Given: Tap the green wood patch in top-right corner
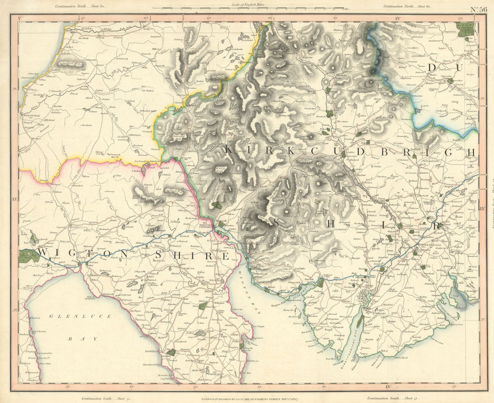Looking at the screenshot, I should tap(465, 30).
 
